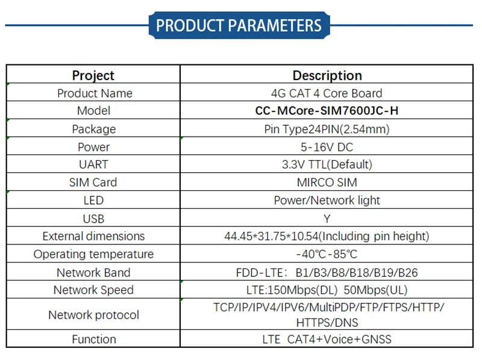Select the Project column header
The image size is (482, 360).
click(x=93, y=75)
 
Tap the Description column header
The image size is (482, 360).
click(x=327, y=75)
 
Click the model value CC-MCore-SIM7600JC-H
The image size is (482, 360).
click(x=327, y=111)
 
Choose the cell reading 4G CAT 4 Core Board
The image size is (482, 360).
click(x=327, y=93)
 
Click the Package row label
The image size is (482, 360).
click(x=93, y=129)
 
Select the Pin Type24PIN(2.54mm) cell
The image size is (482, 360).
click(x=327, y=129)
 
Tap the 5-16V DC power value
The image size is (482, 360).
click(x=327, y=147)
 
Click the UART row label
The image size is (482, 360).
click(x=93, y=164)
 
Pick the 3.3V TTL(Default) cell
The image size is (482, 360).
click(x=327, y=164)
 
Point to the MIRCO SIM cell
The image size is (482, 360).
click(x=327, y=182)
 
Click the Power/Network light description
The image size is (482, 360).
click(x=327, y=200)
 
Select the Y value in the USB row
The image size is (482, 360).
click(x=327, y=219)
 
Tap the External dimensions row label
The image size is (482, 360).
click(x=93, y=236)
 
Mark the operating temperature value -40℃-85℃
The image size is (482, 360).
click(x=327, y=254)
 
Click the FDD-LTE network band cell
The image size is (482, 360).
click(x=327, y=272)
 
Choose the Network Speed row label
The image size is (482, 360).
click(x=93, y=290)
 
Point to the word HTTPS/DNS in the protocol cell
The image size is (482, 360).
click(x=327, y=323)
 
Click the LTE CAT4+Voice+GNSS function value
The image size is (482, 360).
click(x=327, y=339)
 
